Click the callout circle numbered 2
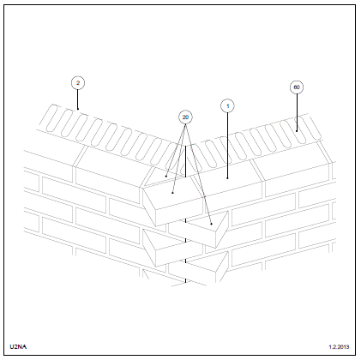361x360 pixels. coord(78,83)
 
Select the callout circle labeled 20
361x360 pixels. coord(185,117)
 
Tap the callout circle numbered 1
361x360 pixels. coord(227,106)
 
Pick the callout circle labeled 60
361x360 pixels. coord(297,87)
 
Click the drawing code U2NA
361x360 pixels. coord(18,347)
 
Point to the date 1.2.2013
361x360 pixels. coord(339,347)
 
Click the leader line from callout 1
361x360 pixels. coord(227,146)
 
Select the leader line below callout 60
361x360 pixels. coord(297,112)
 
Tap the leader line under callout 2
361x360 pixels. coord(78,99)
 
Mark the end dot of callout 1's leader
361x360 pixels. coord(227,178)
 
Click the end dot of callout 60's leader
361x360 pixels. coord(297,131)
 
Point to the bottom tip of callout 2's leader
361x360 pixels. coord(78,109)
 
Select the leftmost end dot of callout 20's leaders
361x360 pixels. coord(166,177)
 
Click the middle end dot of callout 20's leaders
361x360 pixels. coord(172,193)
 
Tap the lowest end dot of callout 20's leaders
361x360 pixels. coord(211,224)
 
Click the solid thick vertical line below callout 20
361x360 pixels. coord(185,161)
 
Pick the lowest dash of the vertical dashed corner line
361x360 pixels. coord(185,281)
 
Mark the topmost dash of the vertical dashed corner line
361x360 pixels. coord(185,221)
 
